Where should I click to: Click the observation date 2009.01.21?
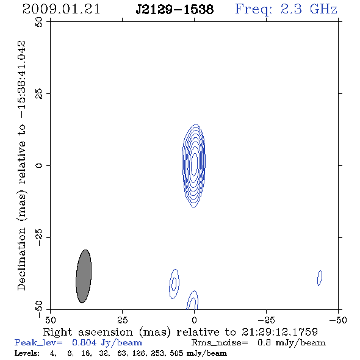pyautogui.click(x=61, y=9)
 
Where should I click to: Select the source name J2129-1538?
pyautogui.click(x=175, y=10)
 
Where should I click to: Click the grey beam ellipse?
pyautogui.click(x=84, y=276)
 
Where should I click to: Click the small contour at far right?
pyautogui.click(x=320, y=278)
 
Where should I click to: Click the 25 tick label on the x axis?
pyautogui.click(x=122, y=320)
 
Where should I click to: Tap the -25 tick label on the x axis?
pyautogui.click(x=266, y=320)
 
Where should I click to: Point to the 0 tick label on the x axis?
pyautogui.click(x=194, y=320)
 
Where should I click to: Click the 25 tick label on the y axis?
pyautogui.click(x=39, y=94)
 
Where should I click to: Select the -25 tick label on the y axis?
pyautogui.click(x=39, y=237)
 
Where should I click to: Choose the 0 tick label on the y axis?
pyautogui.click(x=39, y=165)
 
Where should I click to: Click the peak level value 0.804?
pyautogui.click(x=84, y=342)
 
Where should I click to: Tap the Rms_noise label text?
pyautogui.click(x=220, y=343)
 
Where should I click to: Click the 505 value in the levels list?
pyautogui.click(x=176, y=353)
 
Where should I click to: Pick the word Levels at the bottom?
pyautogui.click(x=27, y=353)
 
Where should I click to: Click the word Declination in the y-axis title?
pyautogui.click(x=21, y=259)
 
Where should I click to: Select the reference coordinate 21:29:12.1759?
pyautogui.click(x=279, y=332)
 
